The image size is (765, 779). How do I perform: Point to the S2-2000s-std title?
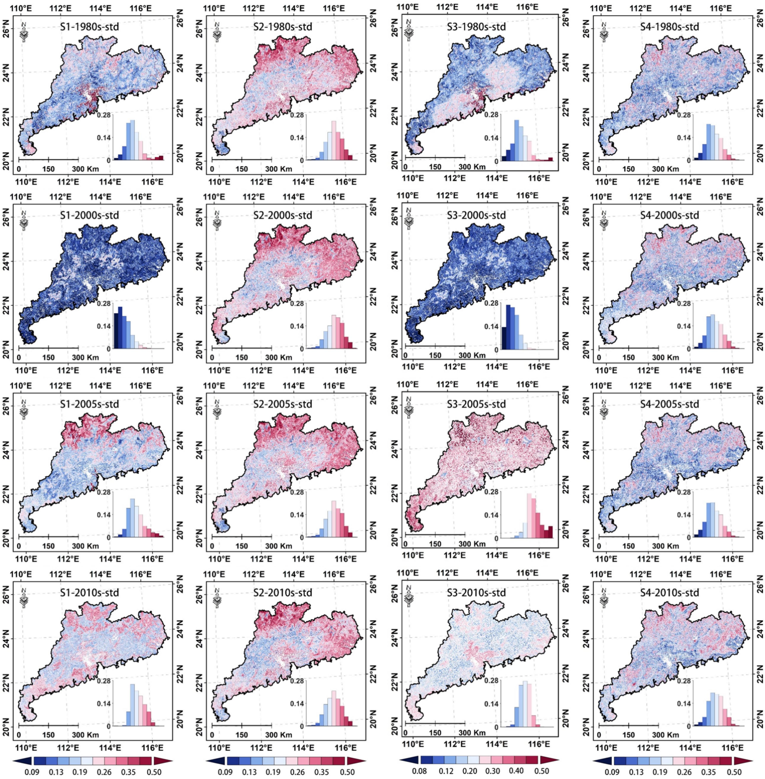pos(283,215)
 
